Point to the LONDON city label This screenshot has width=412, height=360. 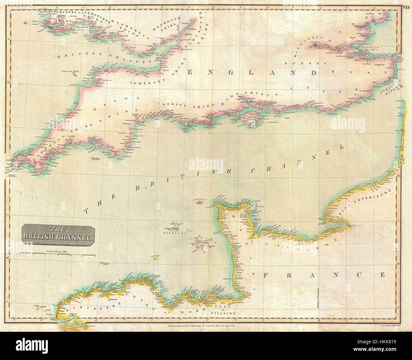tap(316, 41)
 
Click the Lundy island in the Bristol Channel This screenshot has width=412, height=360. tap(76, 72)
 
